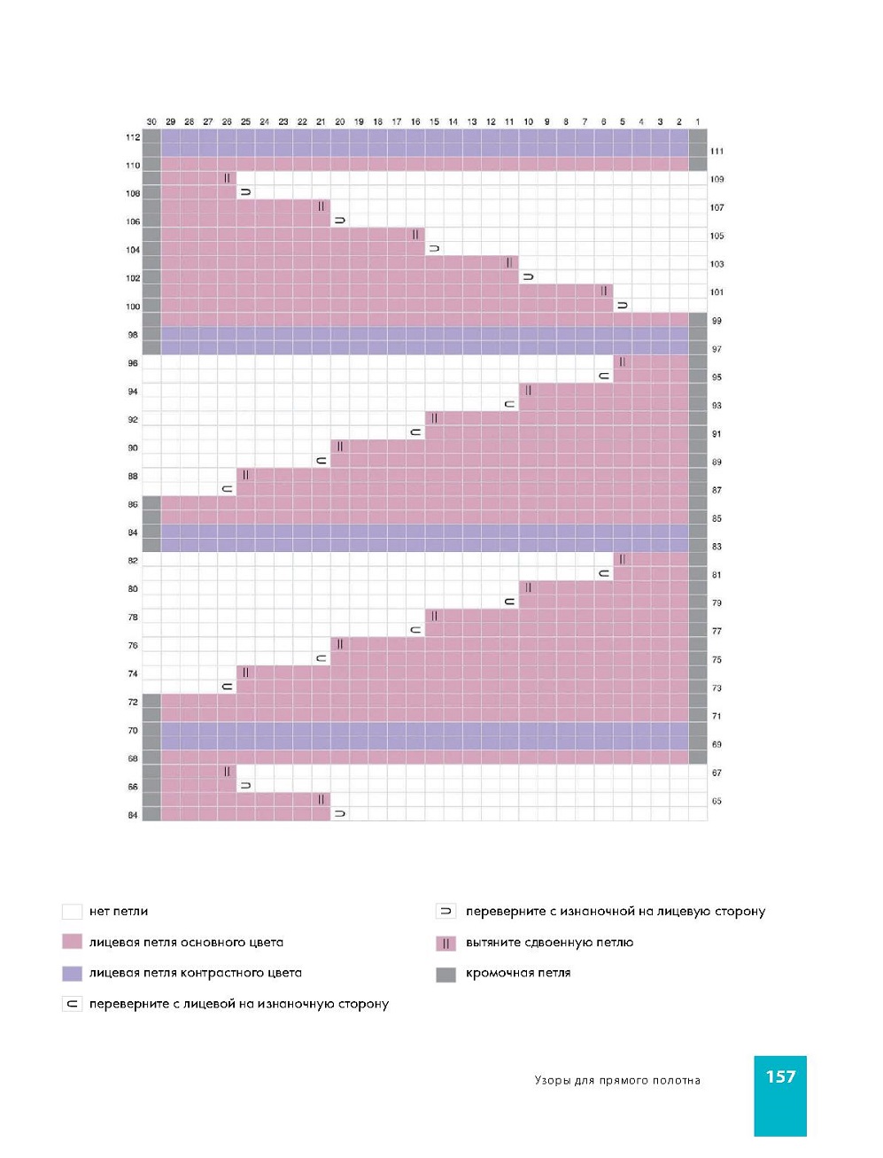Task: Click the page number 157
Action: (780, 1076)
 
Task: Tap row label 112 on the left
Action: (133, 137)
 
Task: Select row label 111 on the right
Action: (716, 152)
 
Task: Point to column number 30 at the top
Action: (151, 121)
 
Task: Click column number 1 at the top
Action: (698, 121)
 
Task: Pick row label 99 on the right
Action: (716, 321)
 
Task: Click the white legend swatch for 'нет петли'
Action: (72, 912)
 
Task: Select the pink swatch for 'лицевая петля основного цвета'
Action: (72, 942)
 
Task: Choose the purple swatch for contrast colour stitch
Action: (72, 973)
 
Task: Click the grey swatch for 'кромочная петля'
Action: (445, 974)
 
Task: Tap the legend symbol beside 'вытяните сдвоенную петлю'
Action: (445, 943)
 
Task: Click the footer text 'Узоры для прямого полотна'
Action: (617, 1080)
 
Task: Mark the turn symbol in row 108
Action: (245, 192)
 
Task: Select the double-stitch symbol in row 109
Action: (227, 178)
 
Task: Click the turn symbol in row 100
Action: (623, 306)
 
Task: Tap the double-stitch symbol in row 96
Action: (623, 361)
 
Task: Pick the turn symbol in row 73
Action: (227, 687)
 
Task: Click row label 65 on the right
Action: (716, 801)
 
